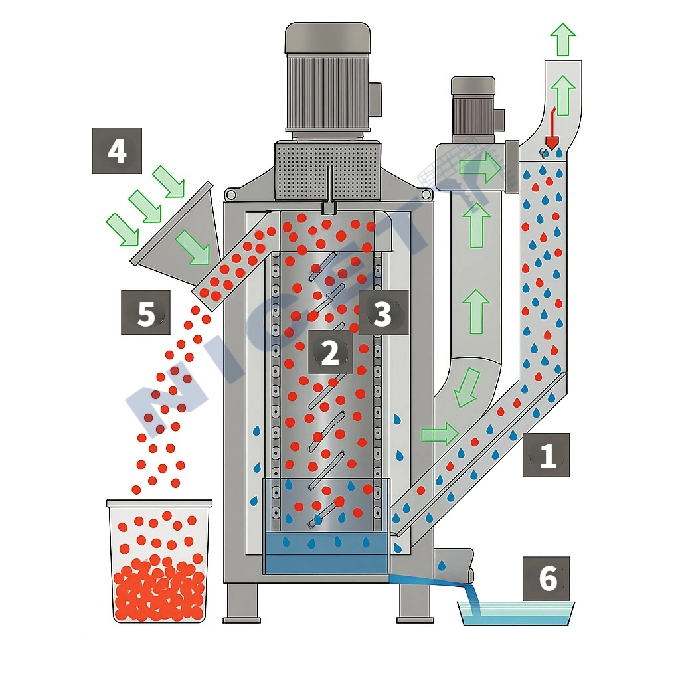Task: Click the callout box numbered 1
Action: point(546,455)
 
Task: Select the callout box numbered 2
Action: point(330,352)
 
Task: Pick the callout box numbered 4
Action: point(117,151)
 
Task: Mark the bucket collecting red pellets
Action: point(159,561)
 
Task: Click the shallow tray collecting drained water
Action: point(516,613)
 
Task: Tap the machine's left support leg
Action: point(242,602)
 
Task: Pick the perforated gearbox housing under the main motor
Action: point(328,169)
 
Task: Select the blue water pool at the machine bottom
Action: point(325,554)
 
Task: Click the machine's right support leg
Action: point(415,602)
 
